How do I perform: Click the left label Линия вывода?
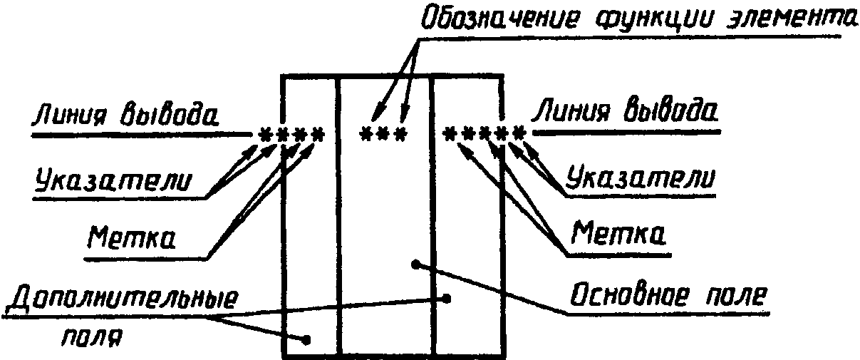[x=125, y=114]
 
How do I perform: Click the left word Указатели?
[x=113, y=179]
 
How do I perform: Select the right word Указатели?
[x=641, y=177]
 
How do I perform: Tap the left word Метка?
[x=132, y=237]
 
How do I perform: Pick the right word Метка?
[x=618, y=232]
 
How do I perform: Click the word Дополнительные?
[x=121, y=299]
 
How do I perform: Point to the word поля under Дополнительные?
[x=92, y=337]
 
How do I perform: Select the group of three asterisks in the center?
[x=383, y=135]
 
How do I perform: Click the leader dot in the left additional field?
[x=306, y=339]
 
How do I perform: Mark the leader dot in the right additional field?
[x=446, y=299]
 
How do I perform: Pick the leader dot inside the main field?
[x=415, y=264]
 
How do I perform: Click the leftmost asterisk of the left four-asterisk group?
[x=264, y=135]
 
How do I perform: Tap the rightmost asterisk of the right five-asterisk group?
[x=519, y=134]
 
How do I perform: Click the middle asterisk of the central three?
[x=383, y=135]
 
